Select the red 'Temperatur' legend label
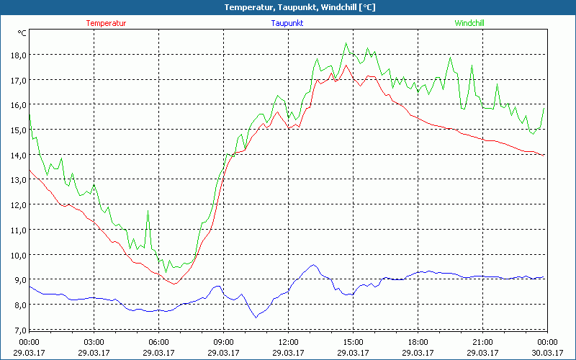(106, 23)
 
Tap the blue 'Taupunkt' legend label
(288, 23)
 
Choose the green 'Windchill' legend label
(469, 23)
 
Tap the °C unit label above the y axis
(22, 33)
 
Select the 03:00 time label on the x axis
(94, 342)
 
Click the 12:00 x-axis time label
(289, 342)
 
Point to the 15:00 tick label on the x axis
(353, 342)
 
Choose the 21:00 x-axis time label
(482, 342)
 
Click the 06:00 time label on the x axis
(158, 342)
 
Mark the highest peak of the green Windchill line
(346, 43)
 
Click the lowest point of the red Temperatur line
(173, 284)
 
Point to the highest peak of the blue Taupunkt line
(313, 265)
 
